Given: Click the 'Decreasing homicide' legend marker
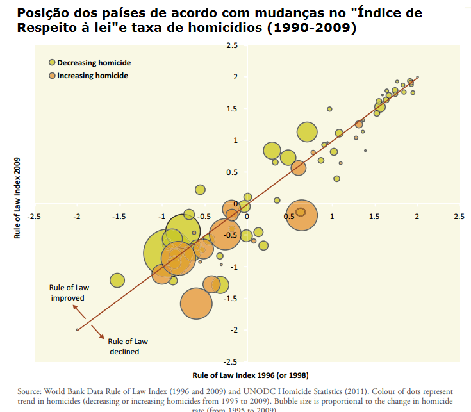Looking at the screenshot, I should tap(53, 63).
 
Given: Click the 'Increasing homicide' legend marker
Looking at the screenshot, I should tap(53, 76).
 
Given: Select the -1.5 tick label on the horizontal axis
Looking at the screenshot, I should tap(119, 217).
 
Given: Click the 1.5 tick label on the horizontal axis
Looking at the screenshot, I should tap(374, 217).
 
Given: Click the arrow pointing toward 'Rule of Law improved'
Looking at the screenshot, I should tap(78, 312).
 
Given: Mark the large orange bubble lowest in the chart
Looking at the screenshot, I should tap(196, 303).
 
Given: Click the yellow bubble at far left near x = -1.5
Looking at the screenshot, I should tap(117, 280).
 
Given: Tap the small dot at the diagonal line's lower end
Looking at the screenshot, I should tap(78, 329).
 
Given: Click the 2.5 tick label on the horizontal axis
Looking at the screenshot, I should tap(458, 217).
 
